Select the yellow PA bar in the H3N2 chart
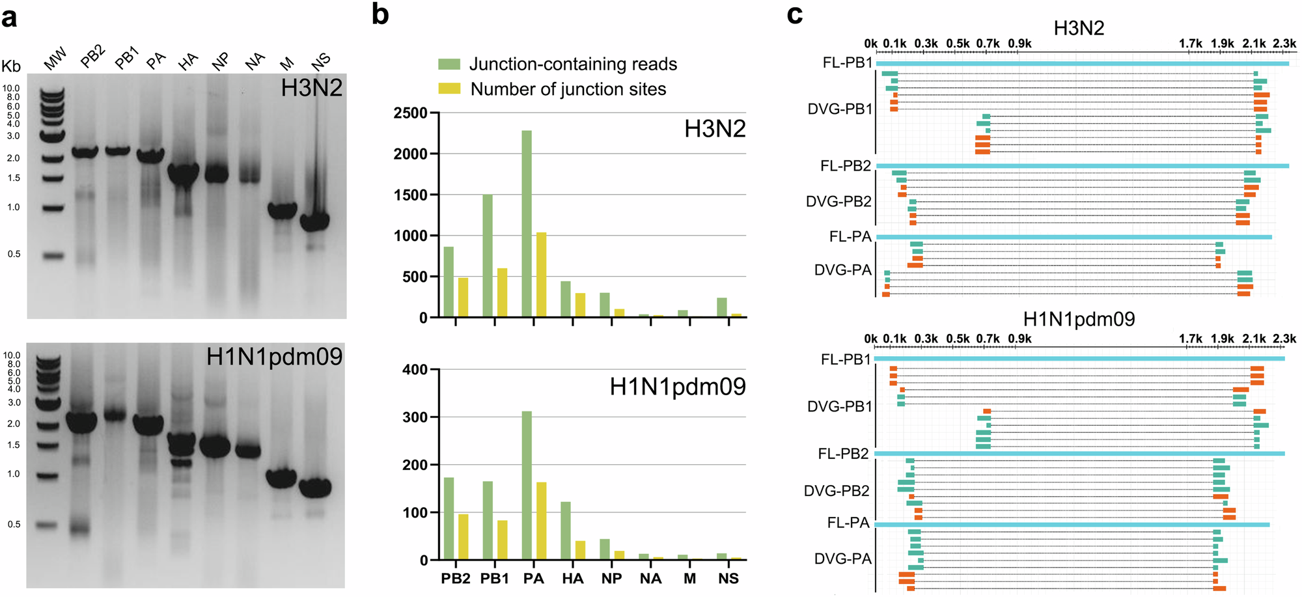(541, 275)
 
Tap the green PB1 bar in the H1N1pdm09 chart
(488, 520)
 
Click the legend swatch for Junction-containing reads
(449, 64)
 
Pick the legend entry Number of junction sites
(568, 89)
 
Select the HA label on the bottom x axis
(573, 579)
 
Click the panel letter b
(380, 14)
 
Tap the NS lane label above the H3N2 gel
(321, 61)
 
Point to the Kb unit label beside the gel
(11, 66)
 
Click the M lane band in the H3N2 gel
(283, 210)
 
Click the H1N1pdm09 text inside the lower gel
(274, 357)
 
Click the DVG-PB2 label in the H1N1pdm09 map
(837, 491)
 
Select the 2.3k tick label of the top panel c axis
(1284, 44)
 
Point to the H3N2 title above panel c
(1079, 28)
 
